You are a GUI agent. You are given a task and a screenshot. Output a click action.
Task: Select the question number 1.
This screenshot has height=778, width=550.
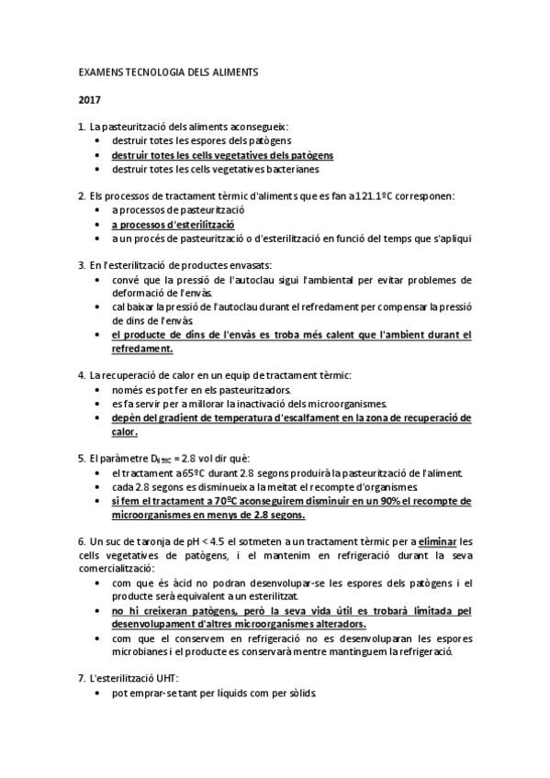coord(81,126)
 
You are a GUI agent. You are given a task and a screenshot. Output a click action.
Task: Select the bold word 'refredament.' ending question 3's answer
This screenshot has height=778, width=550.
coord(141,349)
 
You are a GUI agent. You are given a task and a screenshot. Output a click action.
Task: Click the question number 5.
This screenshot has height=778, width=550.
coord(81,459)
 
